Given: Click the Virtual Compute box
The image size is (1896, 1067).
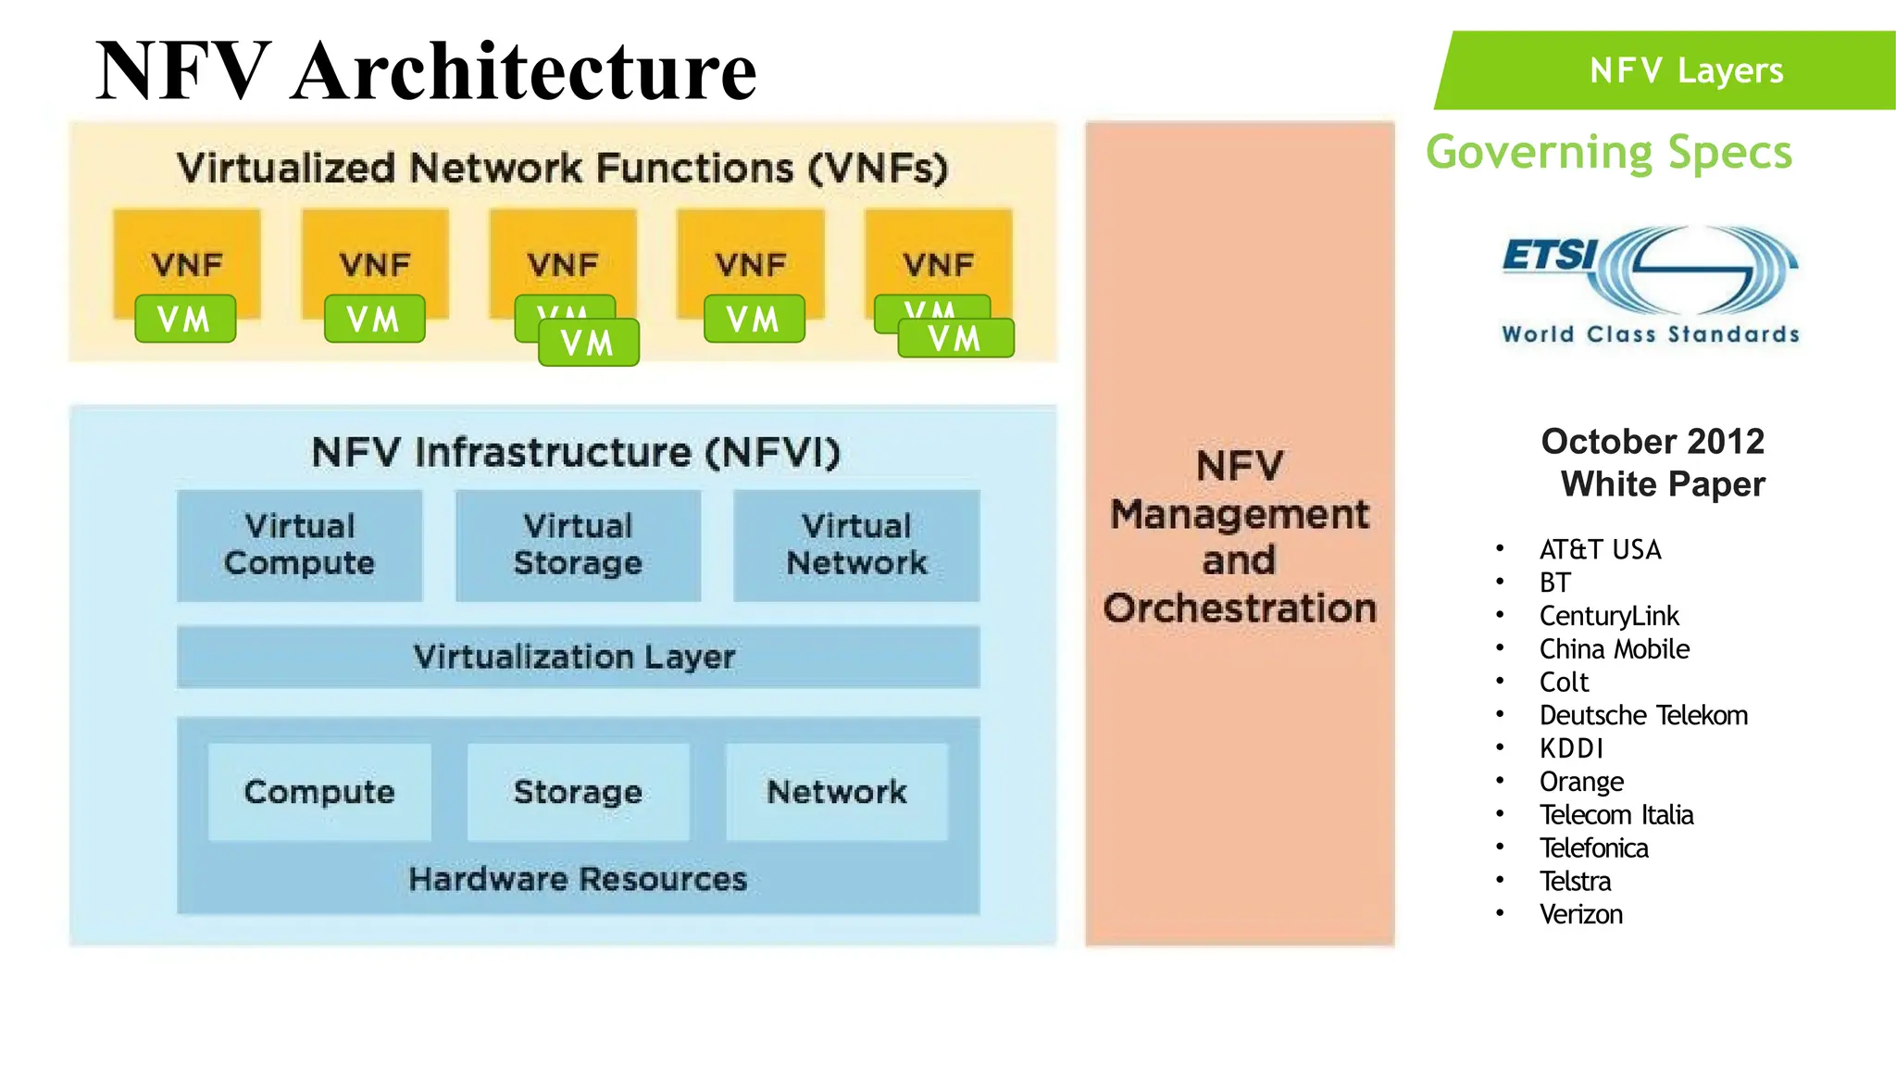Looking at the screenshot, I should [299, 546].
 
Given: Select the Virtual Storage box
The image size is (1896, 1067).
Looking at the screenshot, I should [578, 546].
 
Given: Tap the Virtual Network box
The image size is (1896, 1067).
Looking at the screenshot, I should [856, 546].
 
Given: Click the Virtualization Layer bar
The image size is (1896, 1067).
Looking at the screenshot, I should [578, 657].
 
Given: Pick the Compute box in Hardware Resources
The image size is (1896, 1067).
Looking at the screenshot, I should [319, 792].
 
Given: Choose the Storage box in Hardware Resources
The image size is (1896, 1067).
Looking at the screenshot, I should [578, 792].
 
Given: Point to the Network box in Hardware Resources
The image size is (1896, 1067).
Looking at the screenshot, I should [837, 792].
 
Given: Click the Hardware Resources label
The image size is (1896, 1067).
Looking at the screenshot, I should [578, 879].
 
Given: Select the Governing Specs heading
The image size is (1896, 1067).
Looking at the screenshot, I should [1609, 153].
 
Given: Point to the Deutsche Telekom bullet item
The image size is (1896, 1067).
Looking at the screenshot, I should [1643, 715].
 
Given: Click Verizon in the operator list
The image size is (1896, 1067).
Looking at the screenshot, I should [1580, 914].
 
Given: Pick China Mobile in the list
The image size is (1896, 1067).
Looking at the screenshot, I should [1614, 649].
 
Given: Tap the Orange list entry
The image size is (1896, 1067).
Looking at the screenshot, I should [1581, 782].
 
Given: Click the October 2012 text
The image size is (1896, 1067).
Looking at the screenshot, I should [1653, 442].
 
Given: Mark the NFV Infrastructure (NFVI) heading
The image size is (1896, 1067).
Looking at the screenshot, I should [576, 453].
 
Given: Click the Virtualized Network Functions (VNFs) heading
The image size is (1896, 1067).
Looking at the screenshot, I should [563, 169].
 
